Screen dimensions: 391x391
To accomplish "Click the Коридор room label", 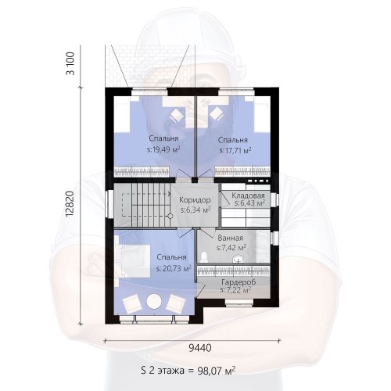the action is tap(195, 200).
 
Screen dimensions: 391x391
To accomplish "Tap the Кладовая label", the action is tap(248, 195).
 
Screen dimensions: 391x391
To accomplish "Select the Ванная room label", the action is tap(231, 238).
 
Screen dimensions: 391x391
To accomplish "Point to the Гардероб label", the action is tap(239, 282).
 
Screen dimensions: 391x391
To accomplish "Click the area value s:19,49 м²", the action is tap(163, 150).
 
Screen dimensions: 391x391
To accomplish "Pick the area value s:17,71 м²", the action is tap(235, 150).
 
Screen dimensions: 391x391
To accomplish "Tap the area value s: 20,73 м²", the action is tap(174, 268).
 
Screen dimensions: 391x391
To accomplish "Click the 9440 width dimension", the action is tap(199, 348).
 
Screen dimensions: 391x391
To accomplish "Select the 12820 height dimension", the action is tap(70, 204).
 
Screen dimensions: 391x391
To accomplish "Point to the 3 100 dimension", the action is tap(70, 64).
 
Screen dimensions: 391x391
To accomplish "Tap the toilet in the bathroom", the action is tap(204, 257).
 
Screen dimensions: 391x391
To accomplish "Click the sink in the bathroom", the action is tap(239, 259).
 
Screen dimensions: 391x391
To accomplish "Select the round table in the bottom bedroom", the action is tap(154, 301).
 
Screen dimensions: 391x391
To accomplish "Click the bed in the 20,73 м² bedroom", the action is tap(132, 260).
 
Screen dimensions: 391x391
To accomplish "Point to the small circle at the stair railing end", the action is tap(170, 216).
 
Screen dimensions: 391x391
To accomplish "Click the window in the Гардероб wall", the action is tap(239, 303).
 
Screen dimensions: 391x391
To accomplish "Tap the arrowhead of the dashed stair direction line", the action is tap(170, 194).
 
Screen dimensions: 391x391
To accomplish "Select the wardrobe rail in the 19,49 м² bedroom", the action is tap(142, 172).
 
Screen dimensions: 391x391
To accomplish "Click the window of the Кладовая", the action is tap(274, 199).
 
